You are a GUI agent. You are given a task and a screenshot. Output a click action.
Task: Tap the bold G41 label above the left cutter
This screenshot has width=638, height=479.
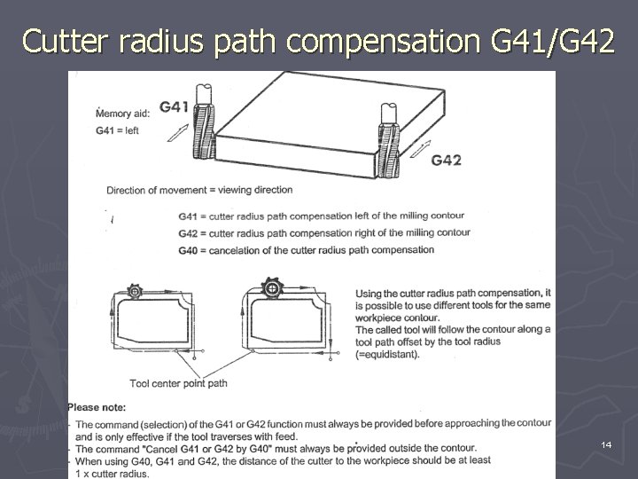point(175,107)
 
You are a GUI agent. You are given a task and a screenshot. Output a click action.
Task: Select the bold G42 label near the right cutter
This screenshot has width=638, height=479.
point(446,161)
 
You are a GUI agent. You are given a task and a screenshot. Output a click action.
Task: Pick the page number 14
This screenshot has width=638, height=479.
point(606,444)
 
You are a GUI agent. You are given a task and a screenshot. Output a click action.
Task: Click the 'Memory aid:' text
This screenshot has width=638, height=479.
point(124,114)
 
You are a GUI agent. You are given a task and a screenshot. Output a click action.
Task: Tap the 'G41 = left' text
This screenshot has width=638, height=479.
point(117,131)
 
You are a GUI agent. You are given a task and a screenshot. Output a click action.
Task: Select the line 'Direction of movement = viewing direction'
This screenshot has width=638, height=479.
point(199,190)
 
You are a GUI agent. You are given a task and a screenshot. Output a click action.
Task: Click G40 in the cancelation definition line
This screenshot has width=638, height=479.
point(187,251)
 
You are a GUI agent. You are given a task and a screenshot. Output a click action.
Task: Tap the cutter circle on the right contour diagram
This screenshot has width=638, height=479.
point(270,287)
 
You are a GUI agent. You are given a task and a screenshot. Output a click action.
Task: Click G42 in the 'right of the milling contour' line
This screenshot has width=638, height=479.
point(187,233)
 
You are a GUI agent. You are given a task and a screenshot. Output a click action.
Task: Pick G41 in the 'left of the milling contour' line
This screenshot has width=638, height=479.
point(187,216)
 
